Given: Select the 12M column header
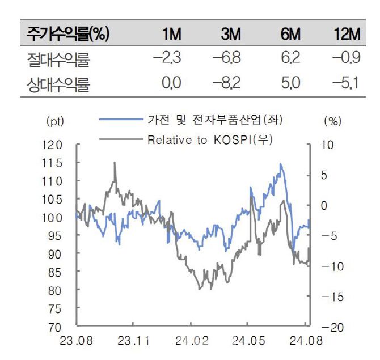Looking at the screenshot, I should point(347,35).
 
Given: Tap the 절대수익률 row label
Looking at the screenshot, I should point(58,59).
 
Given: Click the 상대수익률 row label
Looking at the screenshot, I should point(58,84).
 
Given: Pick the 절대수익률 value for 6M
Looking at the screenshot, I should point(290,59).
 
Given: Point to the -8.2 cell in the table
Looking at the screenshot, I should point(226,84).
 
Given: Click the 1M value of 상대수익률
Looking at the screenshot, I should point(171,84).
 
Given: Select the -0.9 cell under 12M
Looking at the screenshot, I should point(346,59).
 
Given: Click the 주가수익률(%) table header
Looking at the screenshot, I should point(67,35).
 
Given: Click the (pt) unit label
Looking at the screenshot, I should point(54,121).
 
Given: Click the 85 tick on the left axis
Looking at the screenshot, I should point(54,272).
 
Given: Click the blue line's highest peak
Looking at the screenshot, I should point(280,164).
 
